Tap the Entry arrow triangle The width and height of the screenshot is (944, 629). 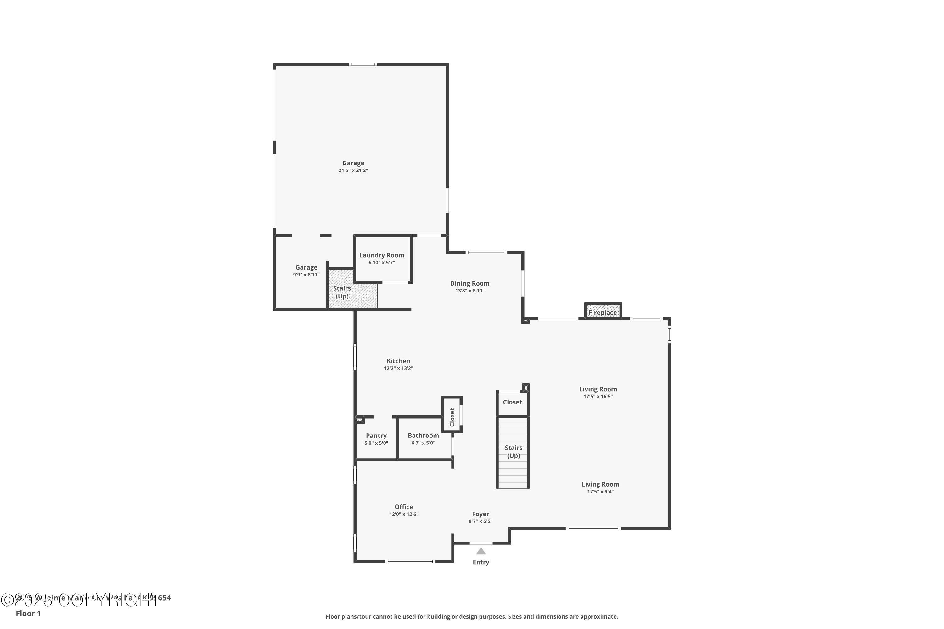pos(481,551)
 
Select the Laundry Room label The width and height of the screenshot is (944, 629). pos(381,255)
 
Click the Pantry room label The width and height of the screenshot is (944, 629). pos(376,436)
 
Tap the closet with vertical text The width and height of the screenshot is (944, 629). pos(452,417)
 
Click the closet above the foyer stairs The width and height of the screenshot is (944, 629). pos(512,402)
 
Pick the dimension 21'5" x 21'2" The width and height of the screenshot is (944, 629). pos(353,170)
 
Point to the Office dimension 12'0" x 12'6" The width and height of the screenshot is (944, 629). pos(403,514)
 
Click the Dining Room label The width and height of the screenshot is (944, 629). pos(469,284)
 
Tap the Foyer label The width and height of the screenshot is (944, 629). pos(480,514)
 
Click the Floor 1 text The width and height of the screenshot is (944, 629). pos(28,613)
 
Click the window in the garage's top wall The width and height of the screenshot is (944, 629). pos(362,64)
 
